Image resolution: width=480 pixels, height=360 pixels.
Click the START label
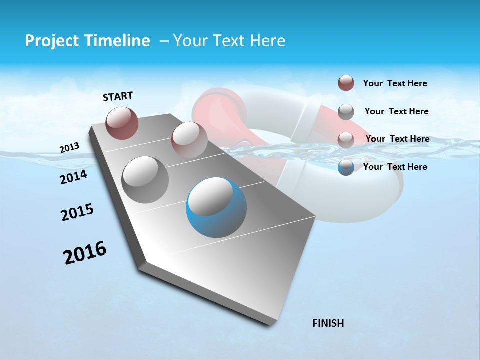pos(118,96)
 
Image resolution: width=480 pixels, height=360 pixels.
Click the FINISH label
pos(328,323)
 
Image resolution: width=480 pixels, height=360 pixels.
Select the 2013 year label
pos(69,148)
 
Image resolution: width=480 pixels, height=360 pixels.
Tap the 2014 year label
pos(73,177)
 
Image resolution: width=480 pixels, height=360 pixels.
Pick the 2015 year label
pos(77,212)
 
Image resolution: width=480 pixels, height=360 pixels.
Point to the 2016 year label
pos(85,253)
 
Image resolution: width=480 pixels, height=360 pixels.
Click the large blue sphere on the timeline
pos(216,207)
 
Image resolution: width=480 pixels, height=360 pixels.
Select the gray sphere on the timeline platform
pos(145,179)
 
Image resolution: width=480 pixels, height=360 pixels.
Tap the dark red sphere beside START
pos(122,123)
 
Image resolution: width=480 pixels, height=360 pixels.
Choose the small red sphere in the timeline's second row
pos(189,140)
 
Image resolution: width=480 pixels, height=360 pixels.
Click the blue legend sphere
pos(346,167)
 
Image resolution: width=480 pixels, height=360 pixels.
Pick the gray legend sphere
pos(346,112)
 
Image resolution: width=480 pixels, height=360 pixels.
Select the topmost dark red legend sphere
pos(346,83)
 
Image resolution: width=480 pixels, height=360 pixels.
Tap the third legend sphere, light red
pos(346,139)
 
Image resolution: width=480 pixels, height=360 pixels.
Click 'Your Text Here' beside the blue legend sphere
pos(395,167)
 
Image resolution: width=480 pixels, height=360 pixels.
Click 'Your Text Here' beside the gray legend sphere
pos(396,111)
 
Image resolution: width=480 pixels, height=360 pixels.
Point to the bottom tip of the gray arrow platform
pos(270,324)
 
